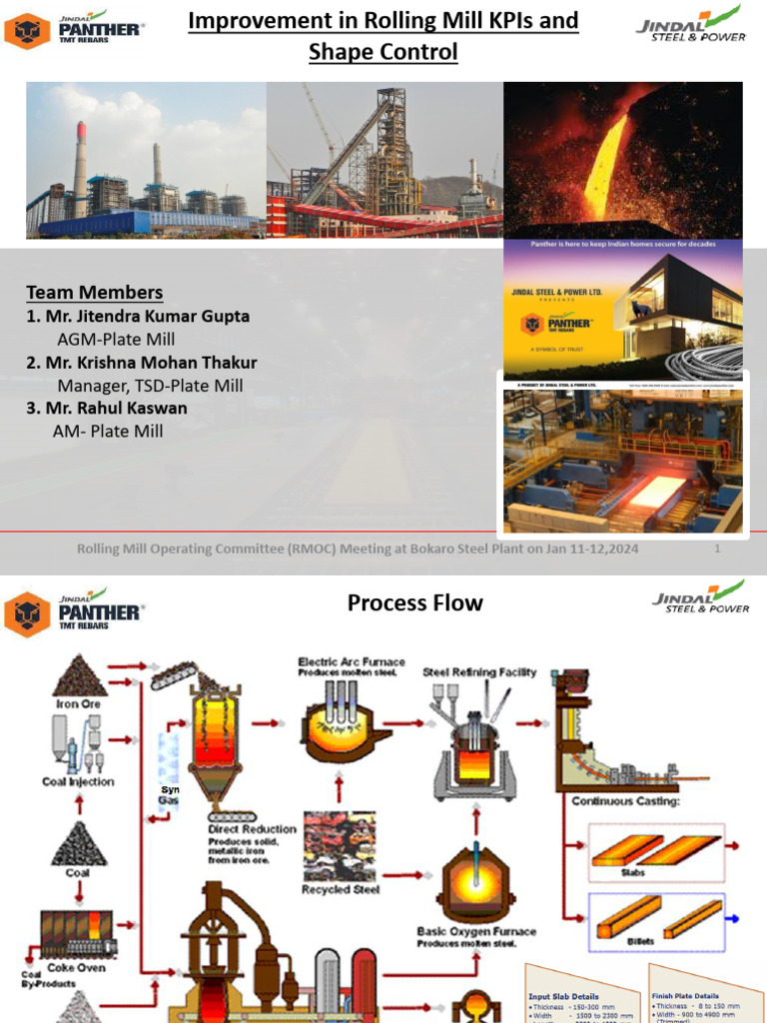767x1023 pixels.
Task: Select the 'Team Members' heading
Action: pos(94,292)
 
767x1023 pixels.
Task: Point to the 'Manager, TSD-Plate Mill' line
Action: pos(150,386)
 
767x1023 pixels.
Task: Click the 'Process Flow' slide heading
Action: pos(414,602)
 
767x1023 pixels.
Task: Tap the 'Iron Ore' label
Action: pos(78,703)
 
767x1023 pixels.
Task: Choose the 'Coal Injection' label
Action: pos(78,782)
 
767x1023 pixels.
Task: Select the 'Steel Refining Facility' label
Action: pos(479,672)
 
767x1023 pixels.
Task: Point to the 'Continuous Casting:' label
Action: pos(625,801)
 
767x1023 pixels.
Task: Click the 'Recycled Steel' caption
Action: pos(341,889)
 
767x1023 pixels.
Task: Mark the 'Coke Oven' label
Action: pos(76,967)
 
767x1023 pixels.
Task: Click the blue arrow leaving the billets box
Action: pos(733,915)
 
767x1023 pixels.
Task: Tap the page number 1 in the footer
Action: pos(717,549)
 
